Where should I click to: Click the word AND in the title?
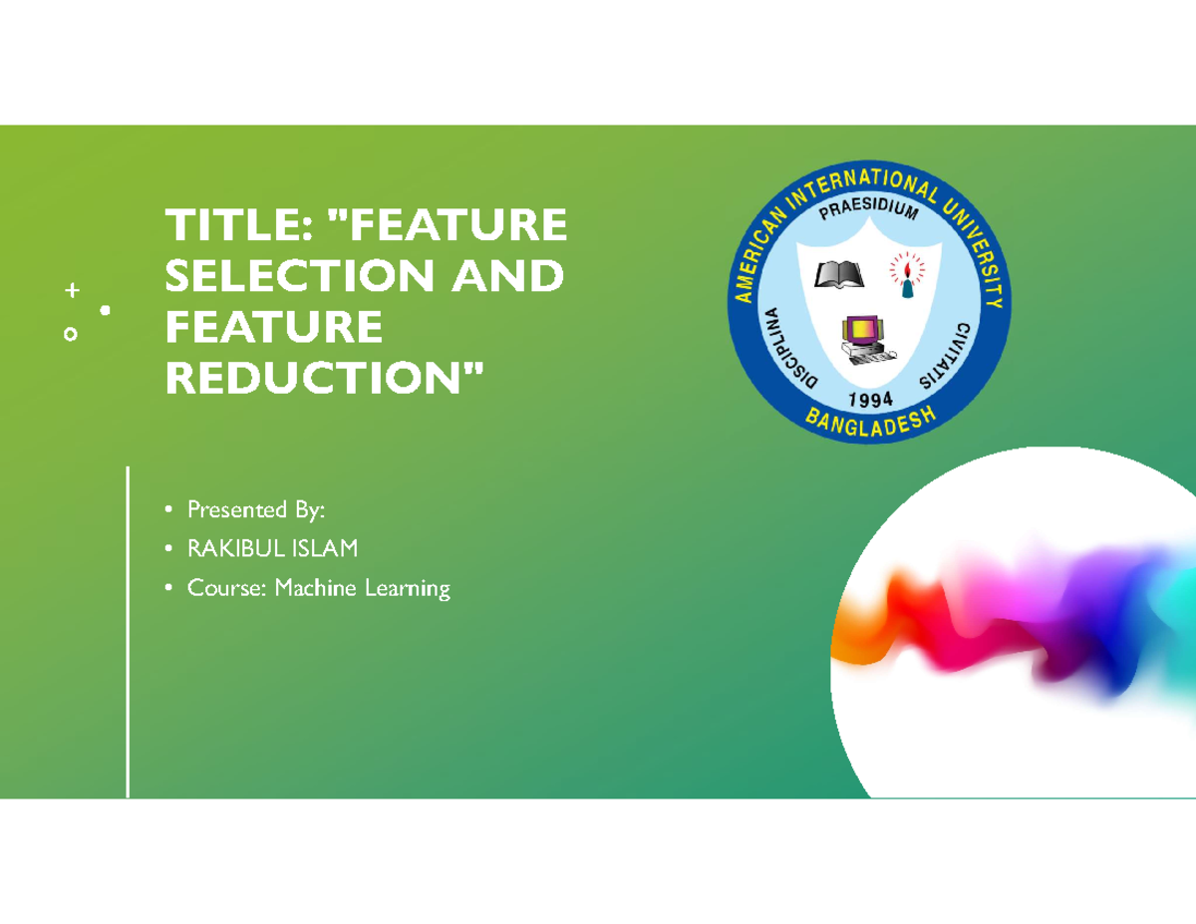point(507,276)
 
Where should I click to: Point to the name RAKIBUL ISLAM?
point(272,548)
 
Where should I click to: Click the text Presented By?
point(256,509)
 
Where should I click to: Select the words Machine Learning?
point(363,588)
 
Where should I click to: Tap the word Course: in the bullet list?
point(227,588)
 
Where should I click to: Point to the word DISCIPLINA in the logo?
point(787,350)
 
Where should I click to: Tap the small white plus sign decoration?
point(70,291)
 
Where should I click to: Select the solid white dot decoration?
point(105,311)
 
